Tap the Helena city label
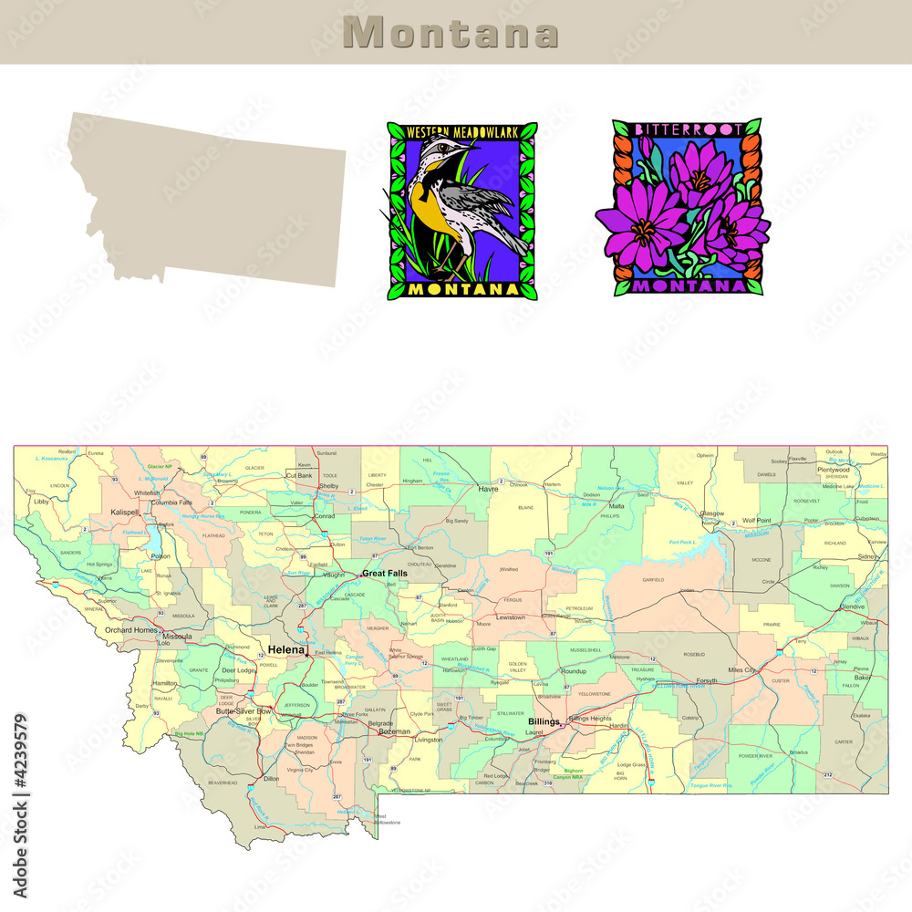[x=286, y=649]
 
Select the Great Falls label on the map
[x=385, y=574]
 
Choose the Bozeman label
[x=395, y=731]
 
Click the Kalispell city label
[x=124, y=513]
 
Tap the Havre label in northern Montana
[x=489, y=490]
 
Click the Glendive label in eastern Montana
[x=852, y=606]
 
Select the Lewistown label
[x=511, y=617]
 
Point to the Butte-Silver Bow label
[x=244, y=710]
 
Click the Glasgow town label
[x=712, y=513]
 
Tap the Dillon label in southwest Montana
[x=271, y=779]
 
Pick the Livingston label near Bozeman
[x=428, y=740]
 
